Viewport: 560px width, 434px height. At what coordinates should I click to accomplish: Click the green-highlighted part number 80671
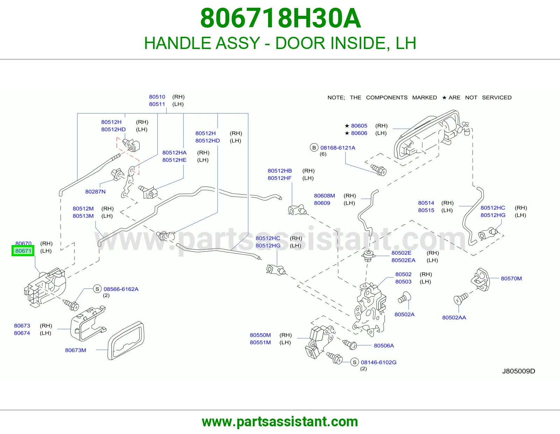pyautogui.click(x=23, y=251)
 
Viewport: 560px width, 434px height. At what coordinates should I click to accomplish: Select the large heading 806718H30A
pyautogui.click(x=280, y=18)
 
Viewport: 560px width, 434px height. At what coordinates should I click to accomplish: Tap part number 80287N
pyautogui.click(x=95, y=191)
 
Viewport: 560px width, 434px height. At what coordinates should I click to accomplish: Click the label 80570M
pyautogui.click(x=511, y=278)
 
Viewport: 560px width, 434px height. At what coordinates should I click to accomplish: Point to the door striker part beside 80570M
pyautogui.click(x=480, y=279)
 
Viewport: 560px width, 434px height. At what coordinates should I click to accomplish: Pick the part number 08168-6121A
pyautogui.click(x=338, y=148)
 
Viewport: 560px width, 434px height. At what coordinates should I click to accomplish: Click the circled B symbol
pyautogui.click(x=314, y=148)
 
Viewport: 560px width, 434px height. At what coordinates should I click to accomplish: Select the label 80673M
pyautogui.click(x=76, y=350)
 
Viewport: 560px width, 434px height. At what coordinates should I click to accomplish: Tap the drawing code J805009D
pyautogui.click(x=518, y=371)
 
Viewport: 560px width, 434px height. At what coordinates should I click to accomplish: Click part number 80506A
pyautogui.click(x=384, y=345)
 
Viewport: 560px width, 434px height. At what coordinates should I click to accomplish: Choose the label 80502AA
pyautogui.click(x=454, y=317)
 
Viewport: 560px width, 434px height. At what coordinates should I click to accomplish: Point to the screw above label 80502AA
pyautogui.click(x=461, y=299)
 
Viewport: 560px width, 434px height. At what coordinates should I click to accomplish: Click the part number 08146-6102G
pyautogui.click(x=379, y=362)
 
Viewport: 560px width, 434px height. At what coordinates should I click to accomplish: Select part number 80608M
pyautogui.click(x=324, y=196)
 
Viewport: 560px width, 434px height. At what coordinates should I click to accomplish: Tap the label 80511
pyautogui.click(x=157, y=104)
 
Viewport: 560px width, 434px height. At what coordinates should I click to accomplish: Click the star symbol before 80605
pyautogui.click(x=347, y=126)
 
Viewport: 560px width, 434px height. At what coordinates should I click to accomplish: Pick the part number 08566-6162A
pyautogui.click(x=121, y=289)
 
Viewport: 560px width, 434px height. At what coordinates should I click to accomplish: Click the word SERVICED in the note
pyautogui.click(x=497, y=97)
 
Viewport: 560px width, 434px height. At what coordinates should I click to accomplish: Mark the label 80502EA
pyautogui.click(x=403, y=260)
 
